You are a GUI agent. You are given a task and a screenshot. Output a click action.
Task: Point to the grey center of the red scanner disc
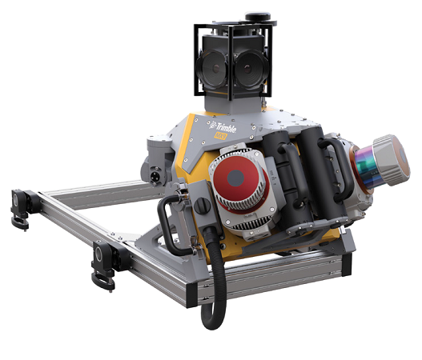coord(240,178)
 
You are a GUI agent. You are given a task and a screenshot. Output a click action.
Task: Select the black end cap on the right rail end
coord(346,256)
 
